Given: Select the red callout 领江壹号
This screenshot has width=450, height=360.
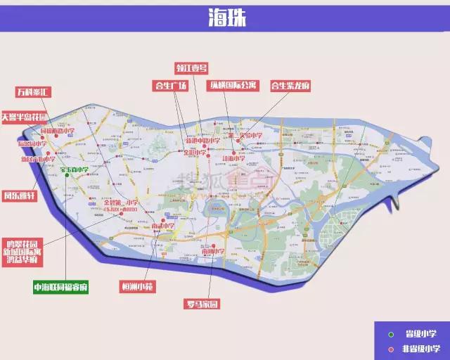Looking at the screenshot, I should [192, 68].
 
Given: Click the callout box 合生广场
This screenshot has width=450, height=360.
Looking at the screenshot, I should [170, 86].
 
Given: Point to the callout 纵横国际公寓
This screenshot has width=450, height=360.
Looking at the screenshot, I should [233, 86].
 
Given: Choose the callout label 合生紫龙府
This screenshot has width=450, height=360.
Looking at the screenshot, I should [290, 86].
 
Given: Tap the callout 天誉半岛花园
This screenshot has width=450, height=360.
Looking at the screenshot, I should [25, 117].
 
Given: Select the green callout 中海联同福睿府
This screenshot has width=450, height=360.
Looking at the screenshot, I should [61, 287].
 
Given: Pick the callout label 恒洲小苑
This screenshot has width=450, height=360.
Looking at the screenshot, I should [137, 287].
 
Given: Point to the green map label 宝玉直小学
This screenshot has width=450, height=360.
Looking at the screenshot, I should [74, 169].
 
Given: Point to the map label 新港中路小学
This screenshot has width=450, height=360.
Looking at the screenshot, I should [202, 141].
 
